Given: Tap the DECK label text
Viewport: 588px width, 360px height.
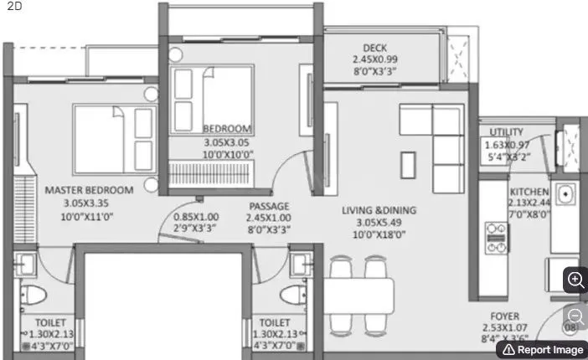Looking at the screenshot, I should [x=374, y=48].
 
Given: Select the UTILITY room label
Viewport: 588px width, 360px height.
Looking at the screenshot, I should [x=507, y=132].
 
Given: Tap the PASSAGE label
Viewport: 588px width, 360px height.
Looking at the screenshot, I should [x=268, y=206].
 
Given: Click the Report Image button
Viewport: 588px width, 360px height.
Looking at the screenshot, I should [x=542, y=349].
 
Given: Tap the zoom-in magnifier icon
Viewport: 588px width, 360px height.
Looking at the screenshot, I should [x=576, y=280].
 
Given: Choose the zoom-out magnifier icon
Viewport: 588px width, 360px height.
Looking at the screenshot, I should [x=576, y=316].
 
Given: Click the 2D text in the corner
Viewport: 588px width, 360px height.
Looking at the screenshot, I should [x=13, y=6].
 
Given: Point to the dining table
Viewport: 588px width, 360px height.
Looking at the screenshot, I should [x=360, y=295].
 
